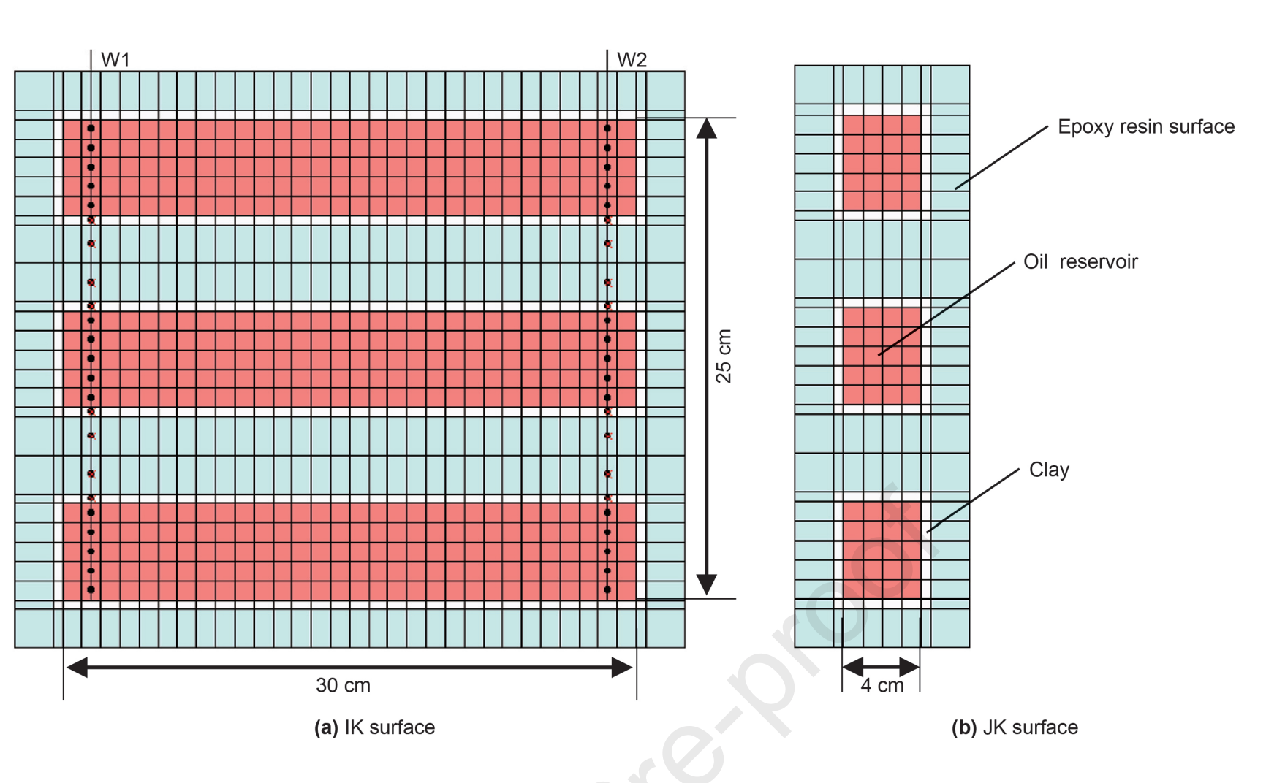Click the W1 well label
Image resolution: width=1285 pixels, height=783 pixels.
pos(115,60)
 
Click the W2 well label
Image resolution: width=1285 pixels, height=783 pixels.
pos(632,60)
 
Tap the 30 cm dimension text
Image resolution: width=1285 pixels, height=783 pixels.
pos(343,685)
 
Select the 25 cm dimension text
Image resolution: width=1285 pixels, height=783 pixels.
pos(723,356)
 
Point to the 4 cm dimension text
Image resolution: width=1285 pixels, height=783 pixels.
pos(882,685)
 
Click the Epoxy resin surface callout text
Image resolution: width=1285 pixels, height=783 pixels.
pos(1145,126)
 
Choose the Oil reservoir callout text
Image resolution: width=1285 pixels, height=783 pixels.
pos(1080,261)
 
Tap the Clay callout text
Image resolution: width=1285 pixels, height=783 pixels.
pos(1049,470)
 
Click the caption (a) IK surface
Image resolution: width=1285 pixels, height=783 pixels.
pos(374,727)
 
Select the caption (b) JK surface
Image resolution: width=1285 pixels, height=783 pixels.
pos(1015,727)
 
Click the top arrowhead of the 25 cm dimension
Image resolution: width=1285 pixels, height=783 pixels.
pos(706,129)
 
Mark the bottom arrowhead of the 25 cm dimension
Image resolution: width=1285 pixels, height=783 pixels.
pos(706,584)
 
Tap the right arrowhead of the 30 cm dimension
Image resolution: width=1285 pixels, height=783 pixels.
pos(621,667)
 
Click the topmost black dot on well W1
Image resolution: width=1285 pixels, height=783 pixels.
pos(91,129)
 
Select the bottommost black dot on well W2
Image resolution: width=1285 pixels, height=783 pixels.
pos(607,589)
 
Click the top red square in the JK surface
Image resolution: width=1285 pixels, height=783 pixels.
pos(882,163)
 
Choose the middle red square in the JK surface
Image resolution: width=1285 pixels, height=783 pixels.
pos(882,356)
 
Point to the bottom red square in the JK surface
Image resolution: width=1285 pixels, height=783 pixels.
pos(882,549)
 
